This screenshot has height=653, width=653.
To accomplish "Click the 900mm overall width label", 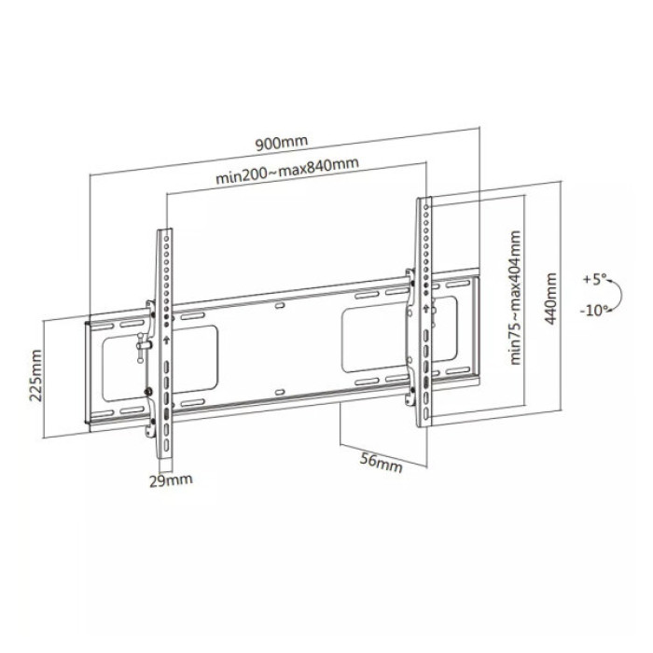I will [x=281, y=143].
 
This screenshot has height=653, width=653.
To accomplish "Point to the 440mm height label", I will [x=551, y=297].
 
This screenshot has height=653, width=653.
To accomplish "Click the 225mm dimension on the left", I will [x=35, y=374].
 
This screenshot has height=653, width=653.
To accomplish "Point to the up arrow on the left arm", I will [x=166, y=340].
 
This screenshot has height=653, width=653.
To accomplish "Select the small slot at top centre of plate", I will [x=281, y=304].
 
